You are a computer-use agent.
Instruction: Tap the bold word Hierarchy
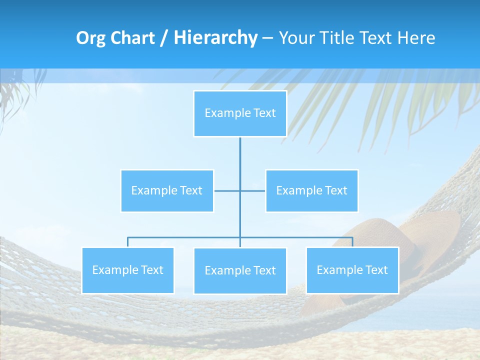coord(215,38)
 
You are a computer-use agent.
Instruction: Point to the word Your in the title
coord(295,38)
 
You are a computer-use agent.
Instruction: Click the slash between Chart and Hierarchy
coord(164,38)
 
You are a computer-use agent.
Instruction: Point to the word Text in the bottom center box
coord(263,271)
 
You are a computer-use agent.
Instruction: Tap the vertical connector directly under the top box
coord(240,155)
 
